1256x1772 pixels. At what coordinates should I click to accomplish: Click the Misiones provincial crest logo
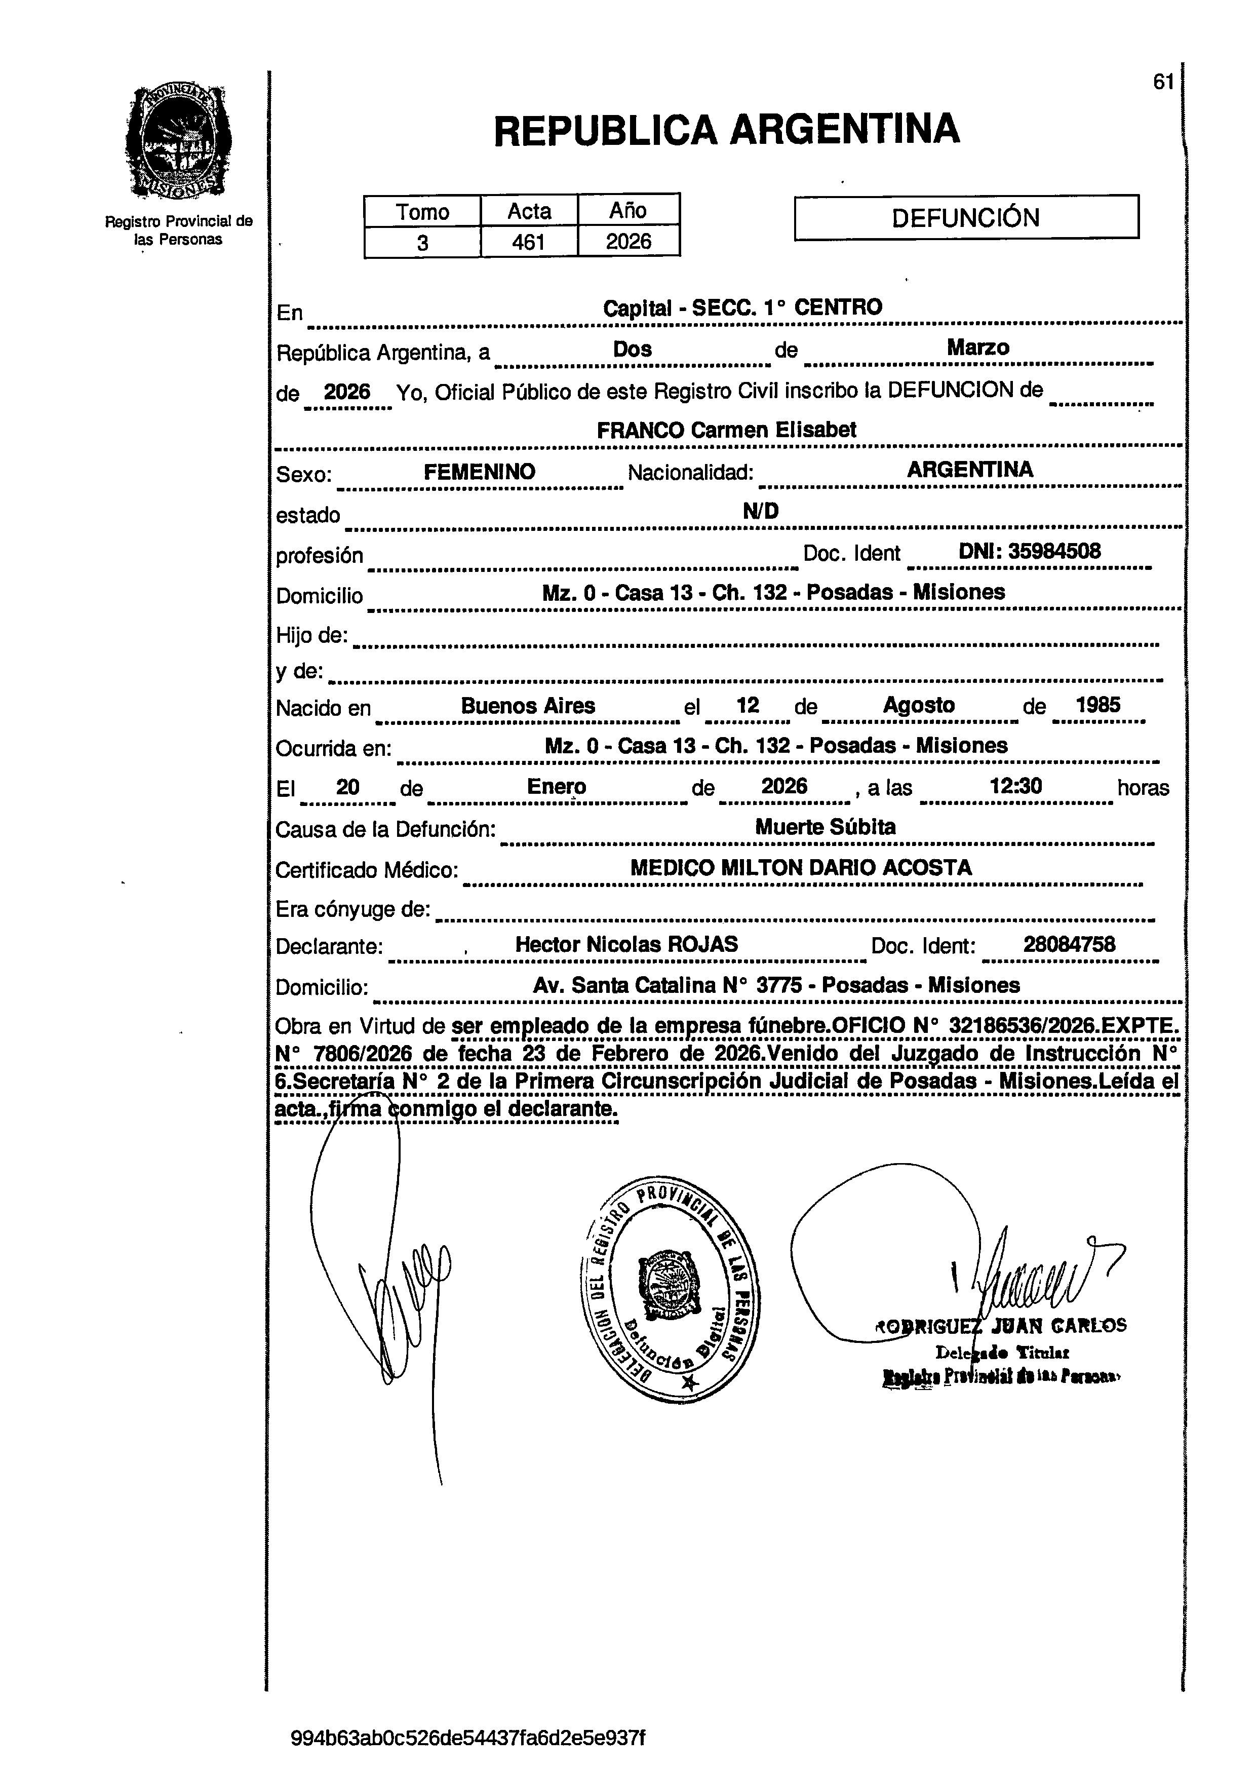[x=179, y=141]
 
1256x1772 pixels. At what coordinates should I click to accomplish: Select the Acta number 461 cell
[x=529, y=242]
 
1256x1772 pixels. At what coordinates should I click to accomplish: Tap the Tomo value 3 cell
[x=422, y=243]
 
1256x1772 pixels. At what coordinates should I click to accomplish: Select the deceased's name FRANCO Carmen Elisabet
[x=726, y=430]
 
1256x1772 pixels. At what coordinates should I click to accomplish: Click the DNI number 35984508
[x=1030, y=552]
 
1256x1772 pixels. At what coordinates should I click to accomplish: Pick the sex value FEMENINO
[x=480, y=472]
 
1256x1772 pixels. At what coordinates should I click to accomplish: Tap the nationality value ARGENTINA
[x=970, y=470]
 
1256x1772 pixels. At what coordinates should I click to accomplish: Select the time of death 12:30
[x=1015, y=787]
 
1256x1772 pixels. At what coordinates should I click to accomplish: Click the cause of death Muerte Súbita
[x=825, y=827]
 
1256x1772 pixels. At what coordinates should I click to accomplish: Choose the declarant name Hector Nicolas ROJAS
[x=626, y=944]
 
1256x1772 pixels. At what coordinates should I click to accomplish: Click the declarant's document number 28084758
[x=1069, y=944]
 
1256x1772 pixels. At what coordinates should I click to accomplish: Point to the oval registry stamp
[x=670, y=1289]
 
